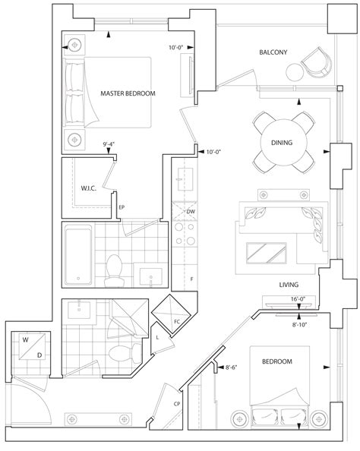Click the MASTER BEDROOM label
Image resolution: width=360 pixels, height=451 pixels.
tap(128, 93)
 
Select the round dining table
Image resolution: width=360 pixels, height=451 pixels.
tap(282, 143)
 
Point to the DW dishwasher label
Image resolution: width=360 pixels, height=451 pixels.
tap(191, 211)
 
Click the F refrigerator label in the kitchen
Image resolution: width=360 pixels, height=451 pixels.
tap(191, 279)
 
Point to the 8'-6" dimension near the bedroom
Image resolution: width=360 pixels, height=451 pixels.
tap(232, 368)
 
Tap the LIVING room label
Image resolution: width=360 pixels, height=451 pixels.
tap(286, 285)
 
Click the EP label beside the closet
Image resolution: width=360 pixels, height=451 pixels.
tap(122, 206)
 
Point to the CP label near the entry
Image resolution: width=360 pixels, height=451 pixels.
tap(176, 404)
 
